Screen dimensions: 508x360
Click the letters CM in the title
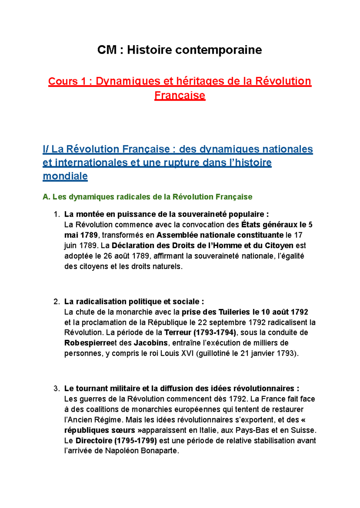[x=107, y=50]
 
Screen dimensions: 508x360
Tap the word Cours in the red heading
[x=63, y=81]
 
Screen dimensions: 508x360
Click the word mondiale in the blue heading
[x=65, y=176]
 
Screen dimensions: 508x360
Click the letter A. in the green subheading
[x=46, y=197]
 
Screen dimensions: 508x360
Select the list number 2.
[x=57, y=302]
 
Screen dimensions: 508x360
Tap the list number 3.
[x=57, y=389]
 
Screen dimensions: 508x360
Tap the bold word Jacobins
[x=151, y=343]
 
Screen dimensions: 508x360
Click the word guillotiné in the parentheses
[x=214, y=354]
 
